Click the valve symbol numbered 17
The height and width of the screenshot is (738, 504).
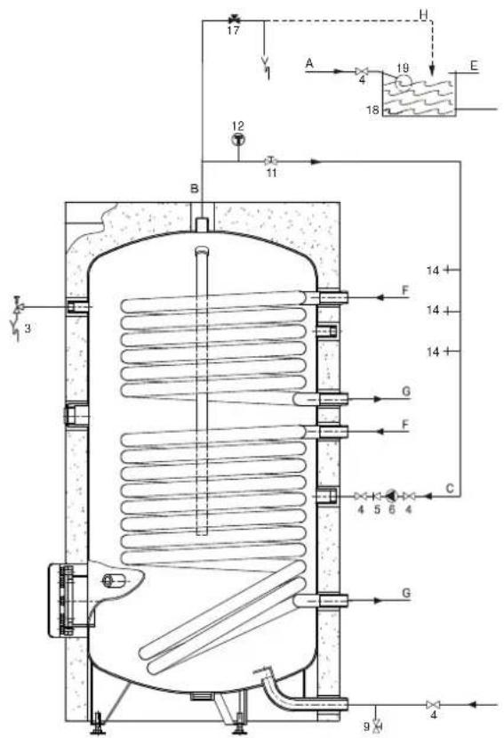click(x=233, y=20)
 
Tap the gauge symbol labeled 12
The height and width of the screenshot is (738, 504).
click(x=239, y=140)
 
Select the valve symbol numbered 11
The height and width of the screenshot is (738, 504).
click(x=271, y=161)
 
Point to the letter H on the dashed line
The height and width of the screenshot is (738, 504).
click(x=424, y=14)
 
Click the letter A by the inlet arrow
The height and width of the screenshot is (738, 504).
click(x=308, y=62)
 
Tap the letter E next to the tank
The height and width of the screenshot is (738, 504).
click(x=474, y=65)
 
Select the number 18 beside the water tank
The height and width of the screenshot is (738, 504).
click(x=372, y=109)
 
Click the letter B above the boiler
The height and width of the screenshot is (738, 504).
click(x=194, y=189)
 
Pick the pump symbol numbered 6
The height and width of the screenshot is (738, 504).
click(x=391, y=495)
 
